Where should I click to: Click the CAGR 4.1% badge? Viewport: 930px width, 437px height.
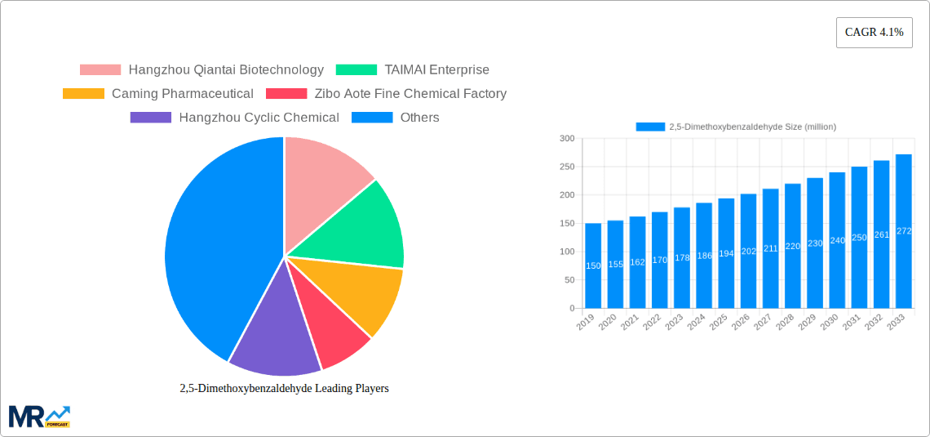(874, 33)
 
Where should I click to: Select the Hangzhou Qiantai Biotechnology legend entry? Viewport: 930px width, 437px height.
(201, 70)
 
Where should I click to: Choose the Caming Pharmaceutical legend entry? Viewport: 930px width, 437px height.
(158, 94)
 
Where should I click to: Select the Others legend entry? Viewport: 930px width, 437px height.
(396, 118)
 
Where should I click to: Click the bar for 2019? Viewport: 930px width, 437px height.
(593, 265)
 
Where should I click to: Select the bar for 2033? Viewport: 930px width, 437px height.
(903, 231)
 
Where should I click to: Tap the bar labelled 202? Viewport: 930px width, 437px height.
(748, 251)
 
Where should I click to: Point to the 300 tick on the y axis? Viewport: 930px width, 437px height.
(566, 139)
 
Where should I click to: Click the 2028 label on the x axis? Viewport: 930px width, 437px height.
(786, 323)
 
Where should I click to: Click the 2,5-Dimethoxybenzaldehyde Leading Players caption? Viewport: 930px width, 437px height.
(284, 388)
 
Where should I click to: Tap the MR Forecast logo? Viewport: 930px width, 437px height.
(39, 416)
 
